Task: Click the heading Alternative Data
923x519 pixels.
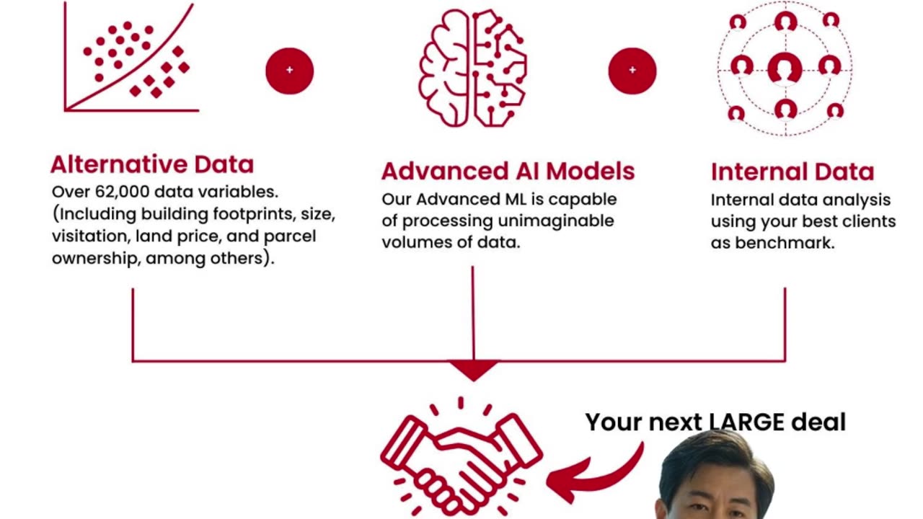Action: [x=152, y=164]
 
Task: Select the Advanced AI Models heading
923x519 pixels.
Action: [x=508, y=172]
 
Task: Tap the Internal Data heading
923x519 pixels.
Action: [x=792, y=172]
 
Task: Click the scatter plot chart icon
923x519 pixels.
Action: [x=131, y=58]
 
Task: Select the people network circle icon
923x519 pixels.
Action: [x=785, y=68]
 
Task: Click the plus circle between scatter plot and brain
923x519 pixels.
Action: [x=289, y=70]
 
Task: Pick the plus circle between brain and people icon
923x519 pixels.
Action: [x=632, y=70]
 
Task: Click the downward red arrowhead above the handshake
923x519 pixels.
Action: [x=474, y=370]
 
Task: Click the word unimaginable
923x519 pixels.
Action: [x=550, y=221]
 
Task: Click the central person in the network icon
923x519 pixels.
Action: [x=785, y=68]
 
